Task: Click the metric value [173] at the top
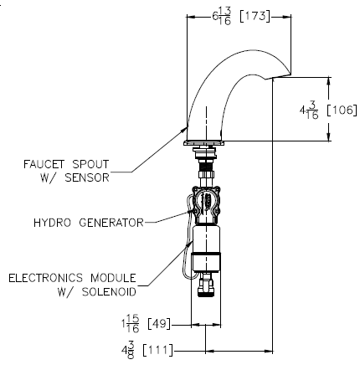[x=255, y=17]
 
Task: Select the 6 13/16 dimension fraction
[x=222, y=16]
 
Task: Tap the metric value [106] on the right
[x=342, y=110]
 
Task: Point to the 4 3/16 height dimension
[x=309, y=110]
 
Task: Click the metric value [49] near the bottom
[x=158, y=324]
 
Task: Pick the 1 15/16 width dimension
[x=130, y=324]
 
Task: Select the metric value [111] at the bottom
[x=157, y=350]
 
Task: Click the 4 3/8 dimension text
[x=128, y=350]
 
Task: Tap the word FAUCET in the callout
[x=44, y=164]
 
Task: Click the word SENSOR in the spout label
[x=87, y=177]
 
